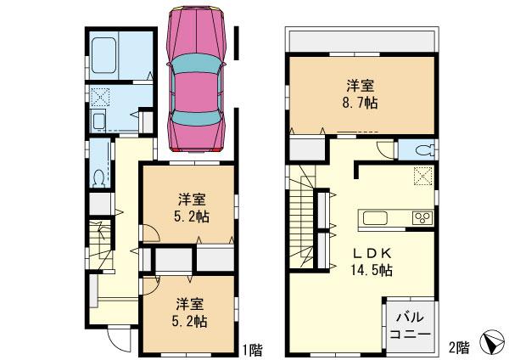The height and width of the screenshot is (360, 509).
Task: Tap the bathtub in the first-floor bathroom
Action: (108, 57)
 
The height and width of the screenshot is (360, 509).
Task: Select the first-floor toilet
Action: (98, 177)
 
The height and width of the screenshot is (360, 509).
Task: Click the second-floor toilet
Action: (424, 151)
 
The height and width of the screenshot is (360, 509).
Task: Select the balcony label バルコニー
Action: (411, 326)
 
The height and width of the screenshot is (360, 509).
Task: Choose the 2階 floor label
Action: (459, 347)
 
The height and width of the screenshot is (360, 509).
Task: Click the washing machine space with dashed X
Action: (100, 96)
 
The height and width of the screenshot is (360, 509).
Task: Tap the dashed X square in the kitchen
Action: (421, 176)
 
